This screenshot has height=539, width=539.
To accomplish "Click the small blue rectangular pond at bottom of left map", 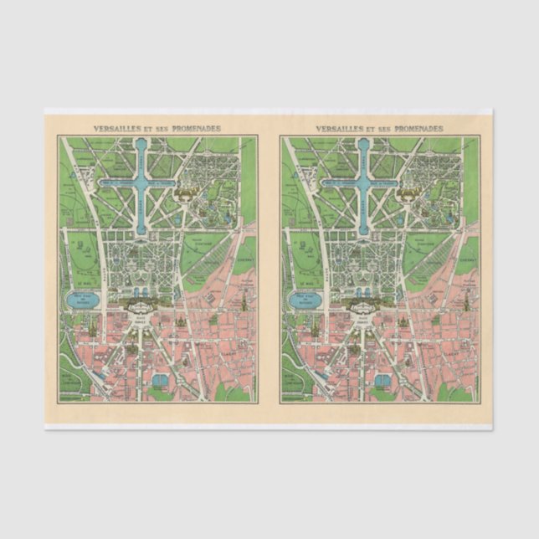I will click(x=159, y=381).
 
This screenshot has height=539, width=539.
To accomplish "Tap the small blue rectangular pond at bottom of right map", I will click(x=382, y=381).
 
